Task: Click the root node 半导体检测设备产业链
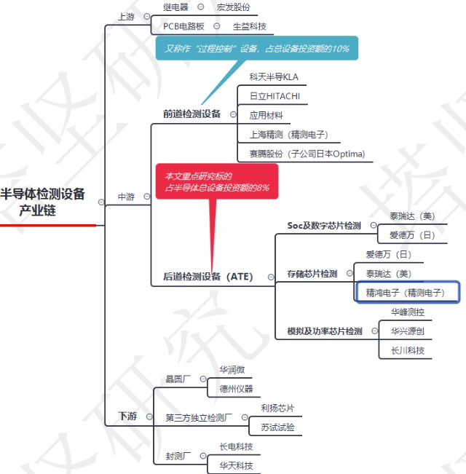coord(43,202)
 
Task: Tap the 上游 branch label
coord(126,17)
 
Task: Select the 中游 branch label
coord(126,197)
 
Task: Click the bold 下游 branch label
coord(127,416)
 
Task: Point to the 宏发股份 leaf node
coord(233,7)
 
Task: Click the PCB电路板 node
coord(183,27)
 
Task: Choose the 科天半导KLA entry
coord(274,77)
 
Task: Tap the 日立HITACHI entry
coord(275,96)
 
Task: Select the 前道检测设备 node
coord(192,114)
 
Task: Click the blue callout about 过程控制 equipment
coord(257,48)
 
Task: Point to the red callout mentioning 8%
coord(217,181)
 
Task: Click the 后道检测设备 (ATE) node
coord(208,276)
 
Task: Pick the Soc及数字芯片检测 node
coord(324,226)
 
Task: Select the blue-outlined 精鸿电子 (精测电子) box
coord(408,292)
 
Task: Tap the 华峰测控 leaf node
coord(408,312)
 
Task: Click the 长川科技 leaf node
coord(408,351)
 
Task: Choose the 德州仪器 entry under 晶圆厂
coord(236,389)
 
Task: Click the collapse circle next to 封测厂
coord(203,456)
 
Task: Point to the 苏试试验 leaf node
coord(277,427)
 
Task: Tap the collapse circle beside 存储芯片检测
coord(349,273)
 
